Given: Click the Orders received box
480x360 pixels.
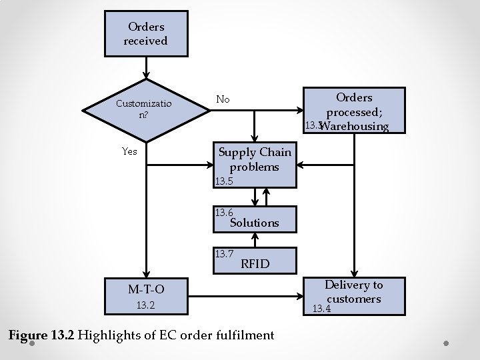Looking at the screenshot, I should click(146, 34).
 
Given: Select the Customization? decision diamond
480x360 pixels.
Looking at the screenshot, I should click(143, 109).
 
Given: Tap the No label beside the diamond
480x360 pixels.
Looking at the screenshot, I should click(223, 99).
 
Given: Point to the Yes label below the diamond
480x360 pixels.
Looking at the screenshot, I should click(129, 151).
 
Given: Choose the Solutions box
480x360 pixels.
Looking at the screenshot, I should click(254, 219).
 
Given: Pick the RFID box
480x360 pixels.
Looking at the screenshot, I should click(254, 260).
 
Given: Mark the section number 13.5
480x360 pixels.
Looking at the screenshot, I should click(223, 181).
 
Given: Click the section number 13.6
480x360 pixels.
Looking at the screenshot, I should click(223, 213).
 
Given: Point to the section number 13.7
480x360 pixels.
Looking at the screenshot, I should click(223, 253).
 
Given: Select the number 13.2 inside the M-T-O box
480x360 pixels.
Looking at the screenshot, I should click(145, 306).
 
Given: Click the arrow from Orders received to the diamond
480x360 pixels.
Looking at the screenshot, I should click(146, 68).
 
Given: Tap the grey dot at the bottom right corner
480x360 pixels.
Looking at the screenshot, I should click(447, 345).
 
